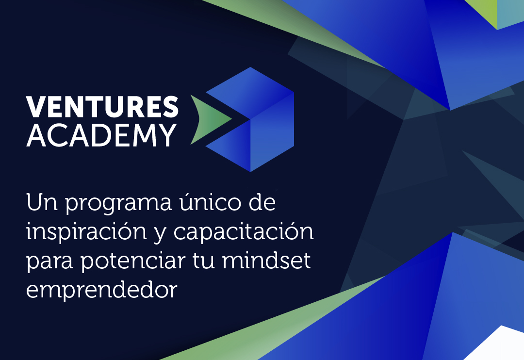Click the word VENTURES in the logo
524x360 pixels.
[102, 107]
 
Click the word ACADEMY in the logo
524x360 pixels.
[101, 135]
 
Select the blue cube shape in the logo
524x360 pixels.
[250, 119]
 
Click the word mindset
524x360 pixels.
[266, 260]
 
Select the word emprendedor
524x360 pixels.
[101, 290]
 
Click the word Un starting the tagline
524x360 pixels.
[41, 202]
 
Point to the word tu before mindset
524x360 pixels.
[204, 261]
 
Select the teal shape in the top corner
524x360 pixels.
[510, 14]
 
